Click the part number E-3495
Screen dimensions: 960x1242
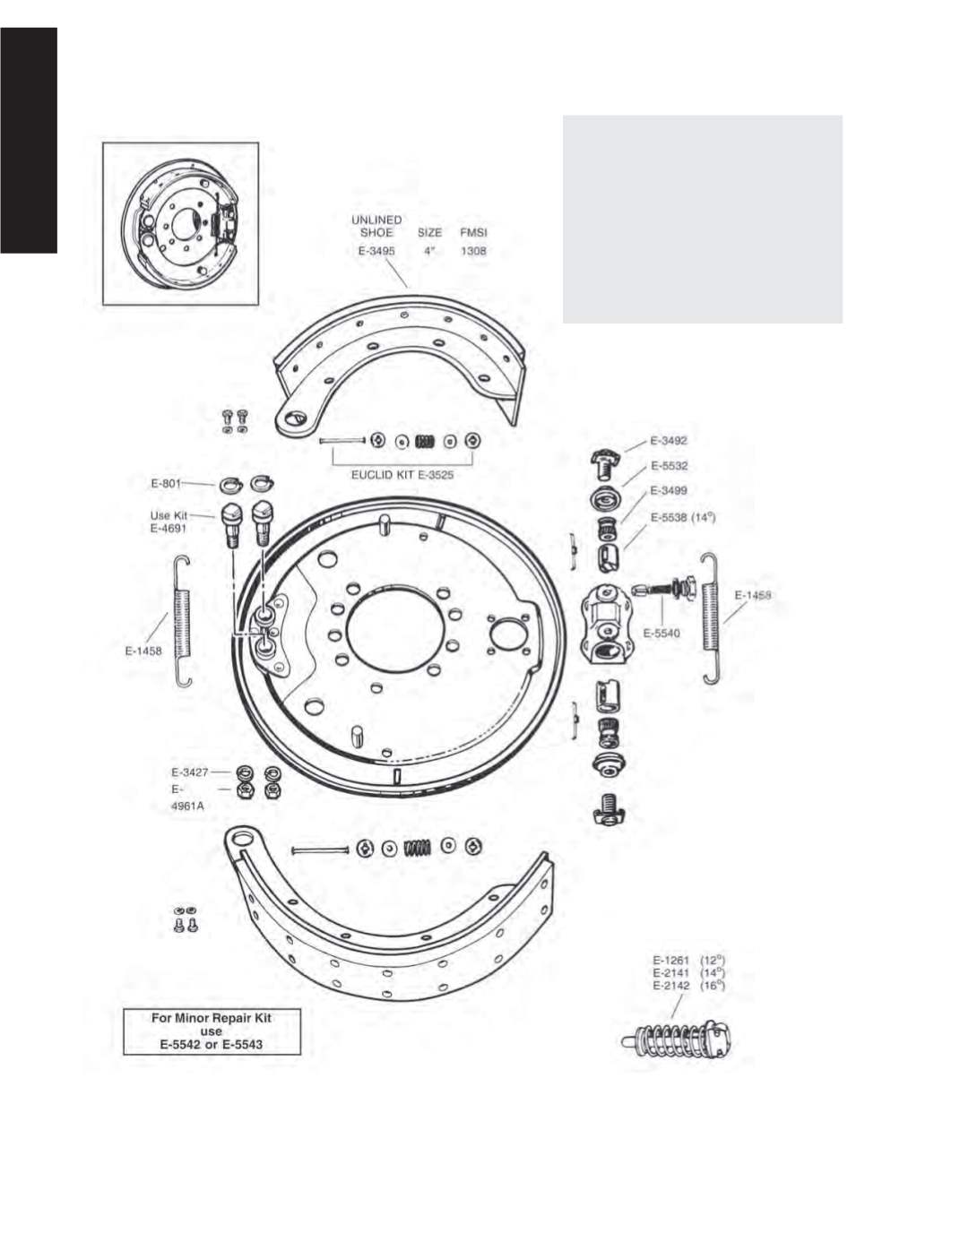pos(376,251)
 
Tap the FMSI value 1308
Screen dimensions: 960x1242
pos(473,251)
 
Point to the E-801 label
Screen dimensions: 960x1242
pos(166,484)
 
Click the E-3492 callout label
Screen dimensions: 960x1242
pos(669,441)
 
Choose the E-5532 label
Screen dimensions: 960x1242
pos(669,466)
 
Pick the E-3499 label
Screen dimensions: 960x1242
pos(669,490)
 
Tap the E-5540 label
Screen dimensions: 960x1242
pos(662,633)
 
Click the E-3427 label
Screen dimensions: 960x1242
pos(190,772)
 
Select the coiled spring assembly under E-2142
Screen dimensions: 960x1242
pos(679,1039)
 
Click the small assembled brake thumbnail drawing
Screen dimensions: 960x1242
pos(181,223)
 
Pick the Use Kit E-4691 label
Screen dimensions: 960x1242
pos(169,522)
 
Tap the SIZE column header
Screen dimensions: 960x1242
pos(429,233)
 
